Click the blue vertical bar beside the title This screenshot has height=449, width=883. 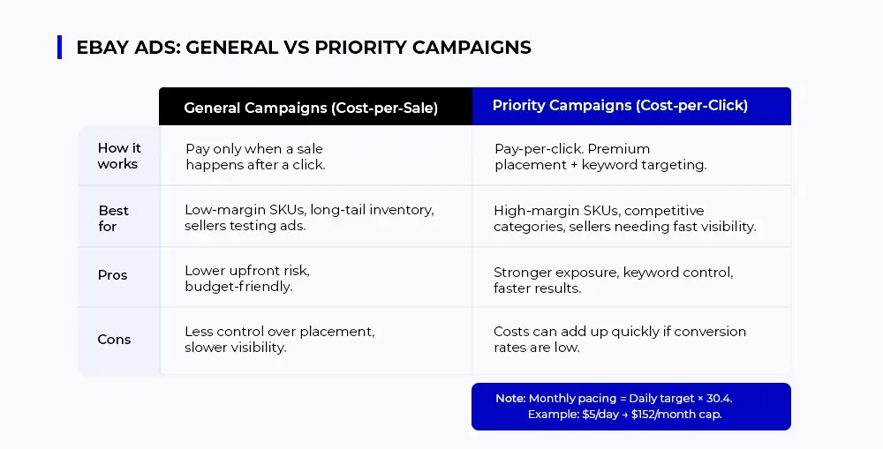(x=60, y=48)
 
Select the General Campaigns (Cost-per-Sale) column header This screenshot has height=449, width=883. (x=311, y=108)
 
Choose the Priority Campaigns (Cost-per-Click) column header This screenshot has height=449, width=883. (x=620, y=105)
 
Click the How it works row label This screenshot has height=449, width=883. (x=119, y=156)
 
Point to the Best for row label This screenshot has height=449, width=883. (x=113, y=218)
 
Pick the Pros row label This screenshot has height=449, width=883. (x=113, y=275)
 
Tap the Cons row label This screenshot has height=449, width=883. (x=114, y=340)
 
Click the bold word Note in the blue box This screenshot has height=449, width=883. (x=510, y=399)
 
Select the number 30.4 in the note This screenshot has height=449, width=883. (x=719, y=399)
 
